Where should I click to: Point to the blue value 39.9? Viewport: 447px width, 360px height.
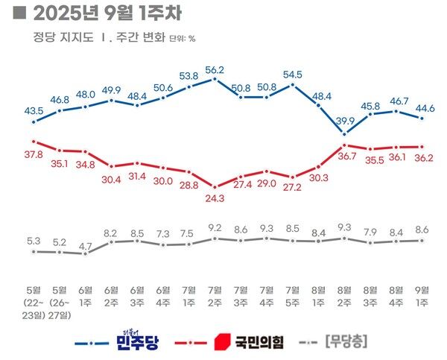(345, 121)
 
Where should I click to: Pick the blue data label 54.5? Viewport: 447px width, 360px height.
(293, 75)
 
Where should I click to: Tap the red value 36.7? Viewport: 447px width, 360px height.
(346, 157)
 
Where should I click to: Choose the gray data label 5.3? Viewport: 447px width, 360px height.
(34, 240)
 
